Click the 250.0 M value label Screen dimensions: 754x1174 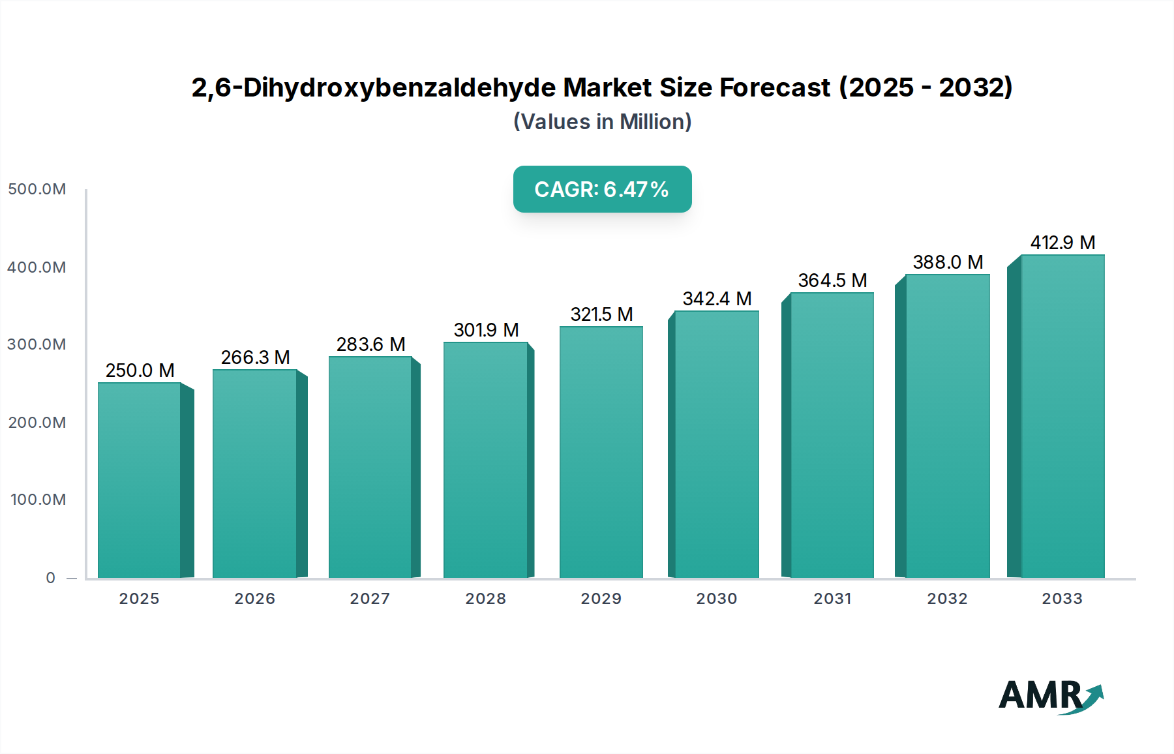point(140,370)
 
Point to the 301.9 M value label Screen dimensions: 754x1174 point(486,330)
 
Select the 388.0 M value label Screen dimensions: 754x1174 point(948,262)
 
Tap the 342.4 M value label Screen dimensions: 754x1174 point(717,299)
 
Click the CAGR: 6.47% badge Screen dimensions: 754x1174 point(602,189)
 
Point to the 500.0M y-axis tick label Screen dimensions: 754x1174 point(37,189)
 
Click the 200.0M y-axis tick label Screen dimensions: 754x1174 point(37,423)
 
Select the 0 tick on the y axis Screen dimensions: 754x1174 point(51,578)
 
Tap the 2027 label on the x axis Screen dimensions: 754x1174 point(370,599)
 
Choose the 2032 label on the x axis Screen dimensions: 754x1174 point(947,599)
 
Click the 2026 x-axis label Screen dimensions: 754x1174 point(254,599)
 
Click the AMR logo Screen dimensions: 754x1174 point(1050,696)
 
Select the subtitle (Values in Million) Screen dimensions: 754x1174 point(602,122)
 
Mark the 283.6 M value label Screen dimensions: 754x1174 point(370,344)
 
